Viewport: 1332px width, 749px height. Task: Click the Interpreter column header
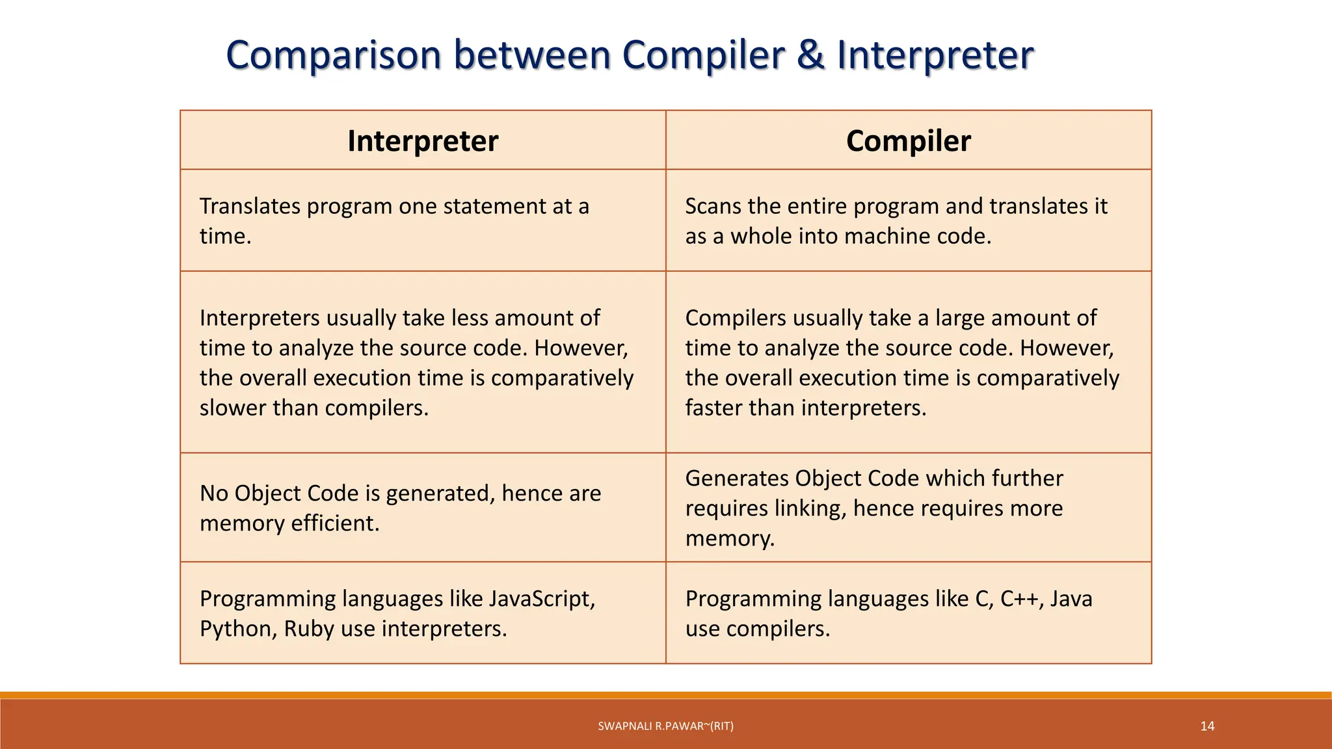[x=423, y=141]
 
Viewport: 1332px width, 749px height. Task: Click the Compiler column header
[x=908, y=141]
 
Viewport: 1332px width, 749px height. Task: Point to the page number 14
[x=1207, y=726]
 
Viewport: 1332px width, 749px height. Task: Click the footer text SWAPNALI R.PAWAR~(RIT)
[x=665, y=726]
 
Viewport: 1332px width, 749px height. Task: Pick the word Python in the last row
[x=237, y=629]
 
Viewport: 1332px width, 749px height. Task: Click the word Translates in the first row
[x=250, y=206]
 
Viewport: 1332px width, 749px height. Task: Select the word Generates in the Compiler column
[x=736, y=479]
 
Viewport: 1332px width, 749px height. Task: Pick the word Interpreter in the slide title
[x=935, y=56]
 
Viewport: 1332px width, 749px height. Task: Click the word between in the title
[x=532, y=55]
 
